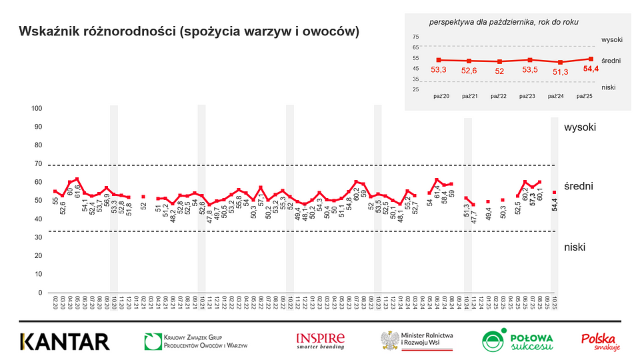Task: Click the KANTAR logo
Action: [64, 341]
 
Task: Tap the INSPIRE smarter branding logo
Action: [320, 341]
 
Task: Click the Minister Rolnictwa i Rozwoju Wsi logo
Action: [417, 341]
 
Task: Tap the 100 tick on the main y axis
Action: [37, 109]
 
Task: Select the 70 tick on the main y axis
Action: [37, 164]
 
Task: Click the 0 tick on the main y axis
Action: [40, 293]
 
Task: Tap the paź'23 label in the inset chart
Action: [527, 97]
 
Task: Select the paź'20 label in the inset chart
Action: [441, 97]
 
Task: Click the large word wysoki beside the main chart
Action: [579, 127]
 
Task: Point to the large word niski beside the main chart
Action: [574, 247]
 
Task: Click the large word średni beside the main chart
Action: [578, 187]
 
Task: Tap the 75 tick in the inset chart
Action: [416, 37]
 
